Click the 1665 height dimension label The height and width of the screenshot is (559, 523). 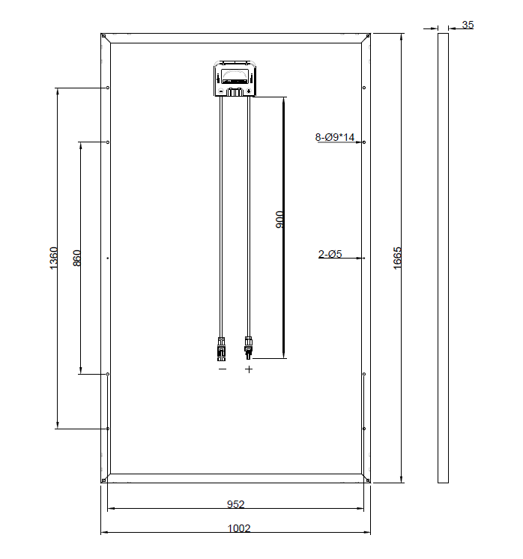[x=397, y=258]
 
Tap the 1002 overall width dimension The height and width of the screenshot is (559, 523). [x=239, y=528]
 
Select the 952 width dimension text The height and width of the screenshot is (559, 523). [x=236, y=504]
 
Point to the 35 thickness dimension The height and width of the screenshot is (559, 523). [x=468, y=25]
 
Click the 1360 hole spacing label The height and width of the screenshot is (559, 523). [x=53, y=258]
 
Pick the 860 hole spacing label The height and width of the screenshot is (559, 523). [x=76, y=258]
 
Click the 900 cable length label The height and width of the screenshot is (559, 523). [x=280, y=220]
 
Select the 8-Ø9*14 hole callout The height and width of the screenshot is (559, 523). [x=334, y=137]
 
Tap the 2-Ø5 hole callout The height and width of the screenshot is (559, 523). [x=330, y=254]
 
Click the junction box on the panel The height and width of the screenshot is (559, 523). [x=235, y=79]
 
